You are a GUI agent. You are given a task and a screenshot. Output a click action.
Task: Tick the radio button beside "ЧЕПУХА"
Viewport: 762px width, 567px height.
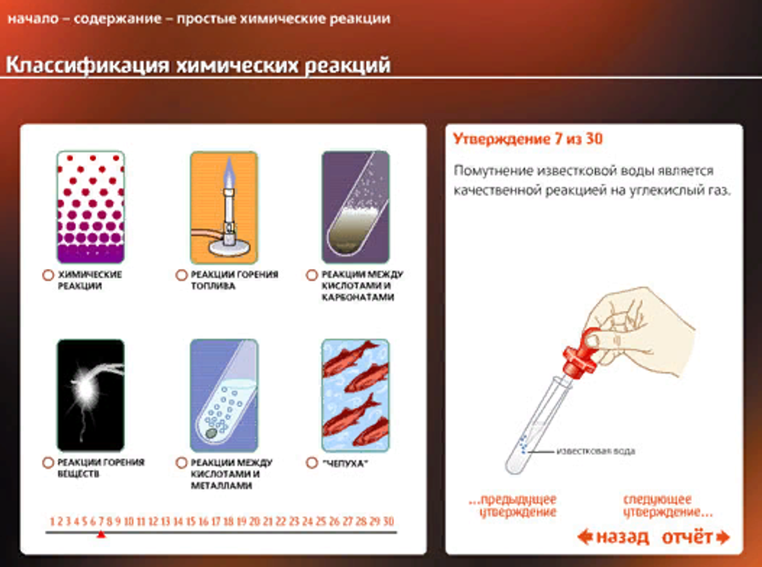311,463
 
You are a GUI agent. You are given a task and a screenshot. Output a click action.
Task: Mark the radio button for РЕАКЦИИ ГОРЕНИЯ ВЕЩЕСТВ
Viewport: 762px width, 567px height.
47,463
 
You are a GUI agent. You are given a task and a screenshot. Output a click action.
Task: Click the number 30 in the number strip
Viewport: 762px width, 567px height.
388,522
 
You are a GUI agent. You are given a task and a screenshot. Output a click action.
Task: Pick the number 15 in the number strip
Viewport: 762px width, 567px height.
190,522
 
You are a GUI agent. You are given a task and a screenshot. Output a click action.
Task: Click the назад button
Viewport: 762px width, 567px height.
613,537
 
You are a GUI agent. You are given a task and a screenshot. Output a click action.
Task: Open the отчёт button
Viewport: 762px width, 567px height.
694,537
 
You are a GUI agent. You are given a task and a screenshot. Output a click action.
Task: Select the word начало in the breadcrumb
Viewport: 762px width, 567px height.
31,18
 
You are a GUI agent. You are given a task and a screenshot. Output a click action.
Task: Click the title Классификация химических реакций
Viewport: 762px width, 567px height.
198,66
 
